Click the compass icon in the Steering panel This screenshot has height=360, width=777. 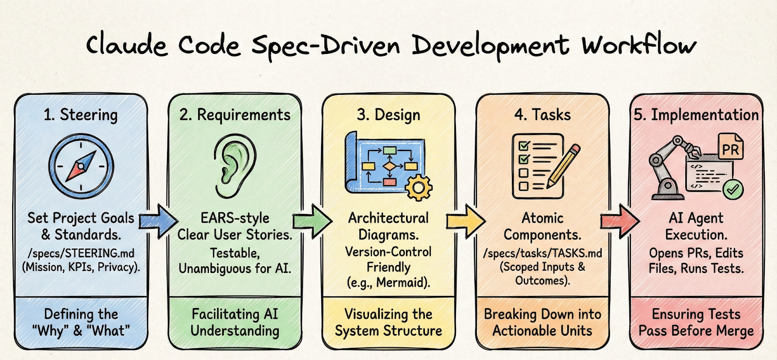pos(81,166)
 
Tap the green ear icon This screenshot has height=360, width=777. pos(235,166)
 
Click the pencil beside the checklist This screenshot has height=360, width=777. pos(563,166)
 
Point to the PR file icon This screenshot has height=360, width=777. pos(730,147)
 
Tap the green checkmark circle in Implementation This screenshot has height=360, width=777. pos(733,189)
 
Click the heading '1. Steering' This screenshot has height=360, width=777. pos(81,115)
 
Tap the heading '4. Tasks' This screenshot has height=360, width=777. pos(542,115)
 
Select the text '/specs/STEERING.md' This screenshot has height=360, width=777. pos(81,253)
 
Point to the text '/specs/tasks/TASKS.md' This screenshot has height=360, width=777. pos(542,253)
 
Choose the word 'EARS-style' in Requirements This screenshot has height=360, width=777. pos(235,218)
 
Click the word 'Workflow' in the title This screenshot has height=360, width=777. pos(639,45)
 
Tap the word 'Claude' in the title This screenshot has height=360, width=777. pos(127,45)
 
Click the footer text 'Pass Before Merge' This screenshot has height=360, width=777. pos(696,331)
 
